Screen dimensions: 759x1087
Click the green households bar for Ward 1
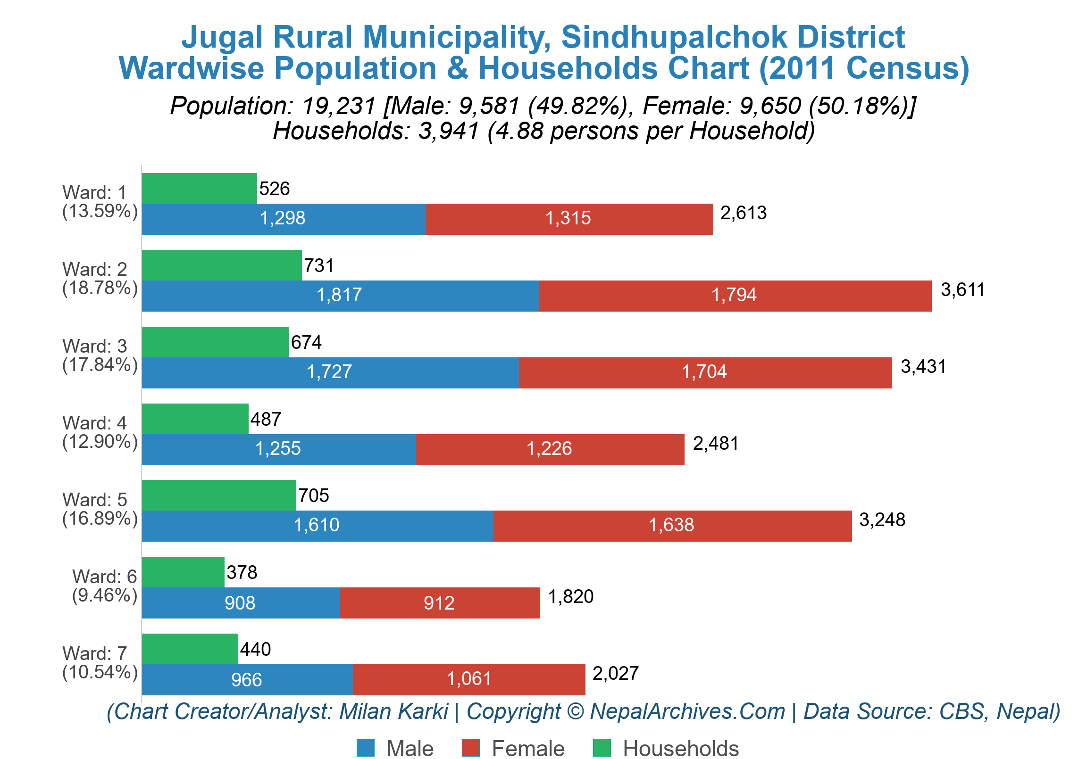pyautogui.click(x=199, y=188)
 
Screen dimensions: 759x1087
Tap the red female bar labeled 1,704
pyautogui.click(x=704, y=372)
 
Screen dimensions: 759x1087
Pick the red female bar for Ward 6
pyautogui.click(x=439, y=603)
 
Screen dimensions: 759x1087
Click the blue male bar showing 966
pyautogui.click(x=247, y=679)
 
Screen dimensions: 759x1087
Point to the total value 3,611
pyautogui.click(x=962, y=289)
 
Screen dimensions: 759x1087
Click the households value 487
pyautogui.click(x=266, y=419)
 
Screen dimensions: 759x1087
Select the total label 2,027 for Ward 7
pyautogui.click(x=616, y=673)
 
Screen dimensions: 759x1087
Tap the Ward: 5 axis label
pyautogui.click(x=95, y=500)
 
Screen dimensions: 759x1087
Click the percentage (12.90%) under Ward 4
pyautogui.click(x=100, y=441)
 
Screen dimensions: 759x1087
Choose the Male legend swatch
pyautogui.click(x=365, y=748)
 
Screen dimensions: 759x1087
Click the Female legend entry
pyautogui.click(x=527, y=749)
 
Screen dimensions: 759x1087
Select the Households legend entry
pyautogui.click(x=680, y=749)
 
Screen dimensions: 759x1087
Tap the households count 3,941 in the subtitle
pyautogui.click(x=448, y=131)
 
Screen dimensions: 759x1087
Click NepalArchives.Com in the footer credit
pyautogui.click(x=687, y=712)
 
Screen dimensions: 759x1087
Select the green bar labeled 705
pyautogui.click(x=219, y=495)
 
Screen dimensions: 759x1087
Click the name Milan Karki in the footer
pyautogui.click(x=393, y=712)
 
